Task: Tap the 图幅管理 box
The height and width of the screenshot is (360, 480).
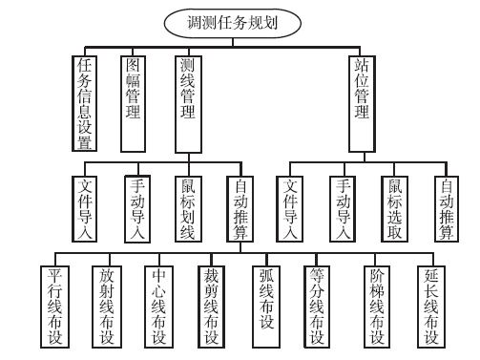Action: tap(136, 91)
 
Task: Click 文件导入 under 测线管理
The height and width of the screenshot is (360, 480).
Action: tap(85, 207)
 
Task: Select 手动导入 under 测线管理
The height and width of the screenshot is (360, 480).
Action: tap(137, 207)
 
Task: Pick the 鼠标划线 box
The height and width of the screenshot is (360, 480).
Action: tap(189, 207)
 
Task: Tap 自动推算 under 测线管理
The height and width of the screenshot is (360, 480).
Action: tap(240, 207)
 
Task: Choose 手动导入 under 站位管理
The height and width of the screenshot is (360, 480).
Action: tap(343, 207)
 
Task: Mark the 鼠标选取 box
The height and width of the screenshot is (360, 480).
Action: tap(394, 207)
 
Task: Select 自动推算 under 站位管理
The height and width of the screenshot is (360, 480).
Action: tap(446, 207)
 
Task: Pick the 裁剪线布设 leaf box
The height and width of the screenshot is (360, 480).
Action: tap(213, 305)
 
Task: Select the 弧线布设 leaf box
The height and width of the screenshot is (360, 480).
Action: tap(267, 305)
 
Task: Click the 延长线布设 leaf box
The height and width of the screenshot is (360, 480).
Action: tap(431, 305)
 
